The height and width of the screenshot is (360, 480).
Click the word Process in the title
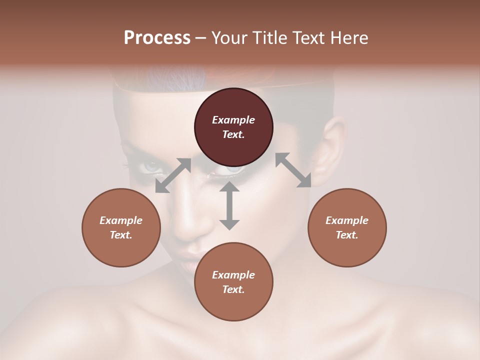pos(157,38)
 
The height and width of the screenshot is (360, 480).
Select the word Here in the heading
pos(349,38)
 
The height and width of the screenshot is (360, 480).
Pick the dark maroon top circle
pos(233,127)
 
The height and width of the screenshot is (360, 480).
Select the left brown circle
pos(121,227)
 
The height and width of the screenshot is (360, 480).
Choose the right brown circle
pos(347,227)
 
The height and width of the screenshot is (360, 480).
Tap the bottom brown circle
pos(233,282)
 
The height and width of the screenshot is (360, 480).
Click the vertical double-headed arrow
pos(229,205)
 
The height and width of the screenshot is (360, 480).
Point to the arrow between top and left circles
pos(173,175)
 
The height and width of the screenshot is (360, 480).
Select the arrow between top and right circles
pos(293,170)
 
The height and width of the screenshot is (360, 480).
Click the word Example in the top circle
pos(233,120)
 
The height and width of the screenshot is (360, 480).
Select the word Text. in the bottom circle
pos(233,289)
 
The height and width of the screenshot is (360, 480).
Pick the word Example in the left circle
pos(121,220)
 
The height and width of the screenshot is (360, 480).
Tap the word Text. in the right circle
pos(347,235)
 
